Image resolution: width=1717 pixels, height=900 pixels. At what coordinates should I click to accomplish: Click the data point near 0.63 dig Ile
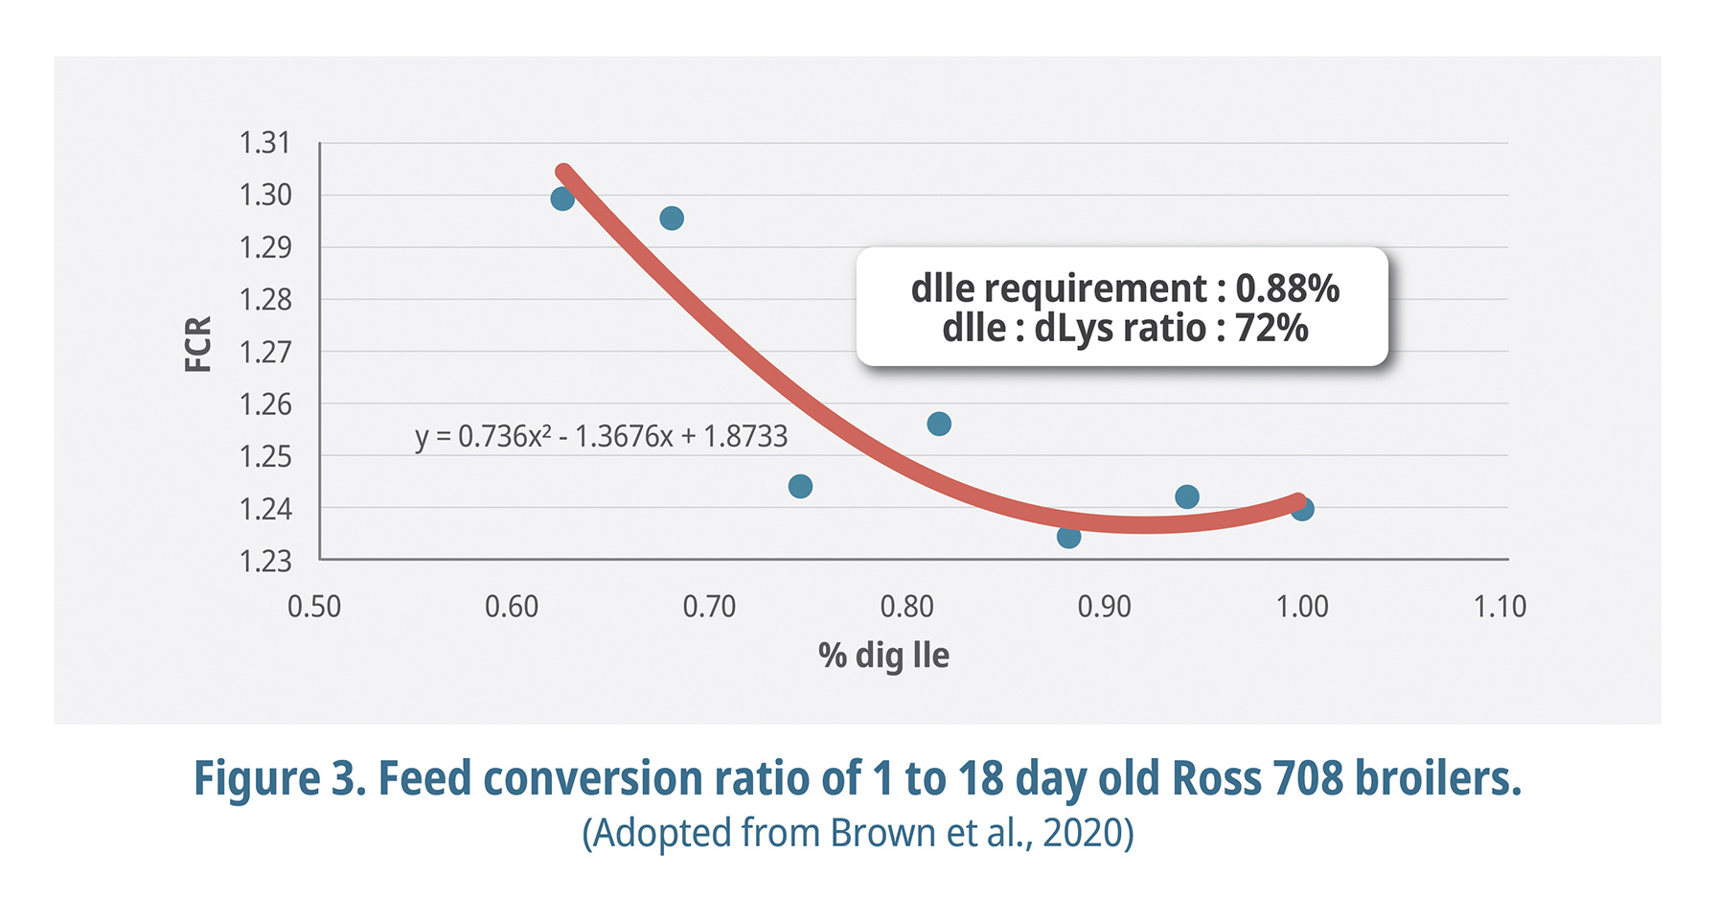coord(562,198)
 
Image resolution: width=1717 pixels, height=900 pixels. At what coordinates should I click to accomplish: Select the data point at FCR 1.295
coord(672,219)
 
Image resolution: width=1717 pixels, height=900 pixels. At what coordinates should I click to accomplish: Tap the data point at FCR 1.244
coord(800,486)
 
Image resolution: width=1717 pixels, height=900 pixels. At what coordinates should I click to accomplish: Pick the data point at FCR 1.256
coord(939,424)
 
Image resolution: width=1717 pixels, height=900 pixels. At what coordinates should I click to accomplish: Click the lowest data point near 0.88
coord(1068,536)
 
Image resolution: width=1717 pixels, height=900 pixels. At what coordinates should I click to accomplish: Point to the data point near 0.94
coord(1186,496)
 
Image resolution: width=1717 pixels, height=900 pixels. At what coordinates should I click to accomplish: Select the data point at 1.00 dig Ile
coord(1302,509)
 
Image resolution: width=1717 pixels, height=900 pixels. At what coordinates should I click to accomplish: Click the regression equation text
coord(601,436)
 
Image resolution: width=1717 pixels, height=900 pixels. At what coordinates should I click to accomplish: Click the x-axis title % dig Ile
coord(882,656)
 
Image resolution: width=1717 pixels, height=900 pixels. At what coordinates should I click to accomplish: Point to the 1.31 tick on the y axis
coord(264,143)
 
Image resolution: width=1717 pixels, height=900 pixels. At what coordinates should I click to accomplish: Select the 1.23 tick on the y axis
coord(264,560)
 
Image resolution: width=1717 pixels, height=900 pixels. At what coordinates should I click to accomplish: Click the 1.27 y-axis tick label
coord(264,352)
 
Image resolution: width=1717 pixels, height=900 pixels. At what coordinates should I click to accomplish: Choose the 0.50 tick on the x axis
coord(314,607)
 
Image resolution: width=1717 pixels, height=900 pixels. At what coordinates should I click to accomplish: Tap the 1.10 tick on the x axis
coord(1500,607)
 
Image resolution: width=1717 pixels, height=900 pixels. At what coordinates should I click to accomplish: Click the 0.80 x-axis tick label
coord(906,607)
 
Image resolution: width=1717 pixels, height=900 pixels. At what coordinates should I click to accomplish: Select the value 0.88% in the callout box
coord(1287,288)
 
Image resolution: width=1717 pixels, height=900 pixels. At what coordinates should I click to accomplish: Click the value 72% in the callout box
coord(1271,329)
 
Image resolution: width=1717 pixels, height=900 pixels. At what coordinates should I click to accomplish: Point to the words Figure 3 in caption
coord(279,778)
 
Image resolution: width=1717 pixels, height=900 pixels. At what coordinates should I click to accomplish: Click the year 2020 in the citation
coord(1080,833)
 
